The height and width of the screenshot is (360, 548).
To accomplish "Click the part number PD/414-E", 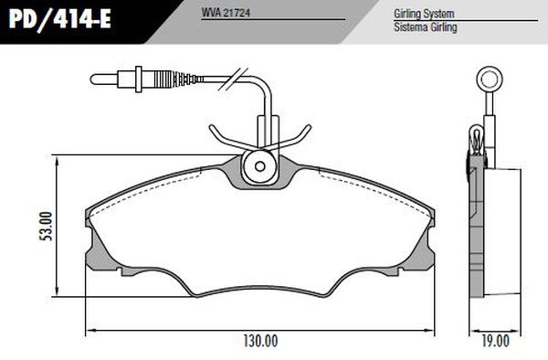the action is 59,19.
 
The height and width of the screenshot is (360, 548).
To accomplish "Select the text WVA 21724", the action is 226,13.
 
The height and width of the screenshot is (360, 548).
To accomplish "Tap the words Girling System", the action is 424,14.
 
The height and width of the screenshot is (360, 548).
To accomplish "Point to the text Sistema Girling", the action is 426,26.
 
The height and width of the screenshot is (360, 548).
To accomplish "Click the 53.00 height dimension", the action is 46,226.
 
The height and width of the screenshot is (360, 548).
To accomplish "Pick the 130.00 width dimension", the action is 260,341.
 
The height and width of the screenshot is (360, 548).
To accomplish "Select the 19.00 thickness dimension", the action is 496,341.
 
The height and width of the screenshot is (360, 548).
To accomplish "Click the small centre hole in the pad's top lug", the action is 259,166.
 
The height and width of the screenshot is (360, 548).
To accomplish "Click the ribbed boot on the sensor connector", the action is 163,79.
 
